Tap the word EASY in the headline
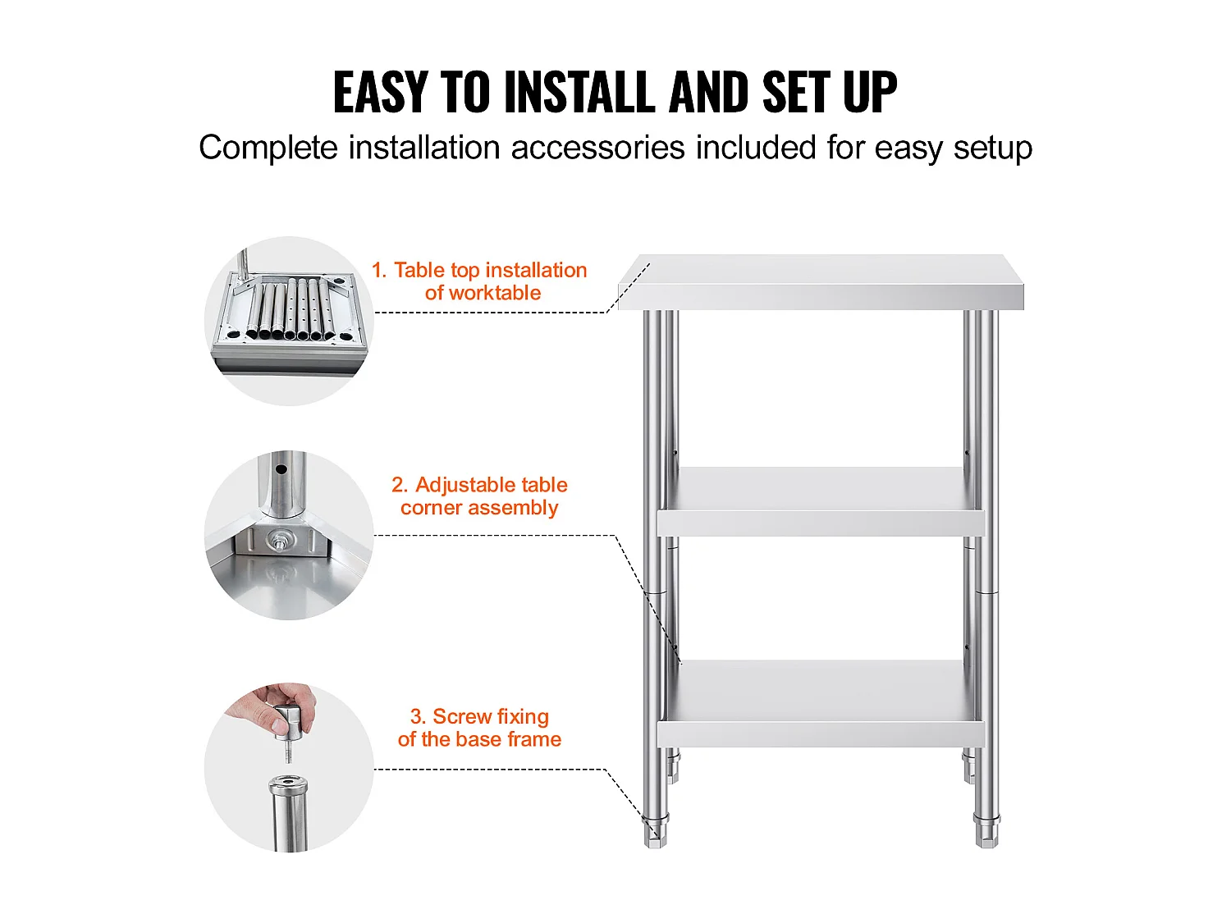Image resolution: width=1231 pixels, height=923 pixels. (x=382, y=92)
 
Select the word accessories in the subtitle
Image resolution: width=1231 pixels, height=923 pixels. (x=597, y=148)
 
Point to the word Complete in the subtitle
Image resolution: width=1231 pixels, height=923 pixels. (x=268, y=149)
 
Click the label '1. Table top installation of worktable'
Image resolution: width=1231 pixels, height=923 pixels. (x=479, y=281)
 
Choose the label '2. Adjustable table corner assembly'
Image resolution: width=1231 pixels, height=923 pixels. (x=479, y=496)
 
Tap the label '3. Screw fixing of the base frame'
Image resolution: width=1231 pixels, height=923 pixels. (x=479, y=728)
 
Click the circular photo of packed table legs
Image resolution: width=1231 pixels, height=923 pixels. (x=290, y=321)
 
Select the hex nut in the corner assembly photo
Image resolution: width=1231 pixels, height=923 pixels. (x=279, y=541)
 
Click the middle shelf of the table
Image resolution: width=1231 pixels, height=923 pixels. (x=821, y=501)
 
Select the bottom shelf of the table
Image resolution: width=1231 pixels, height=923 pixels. (x=821, y=703)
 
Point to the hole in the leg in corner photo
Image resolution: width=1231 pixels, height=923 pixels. (x=281, y=469)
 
